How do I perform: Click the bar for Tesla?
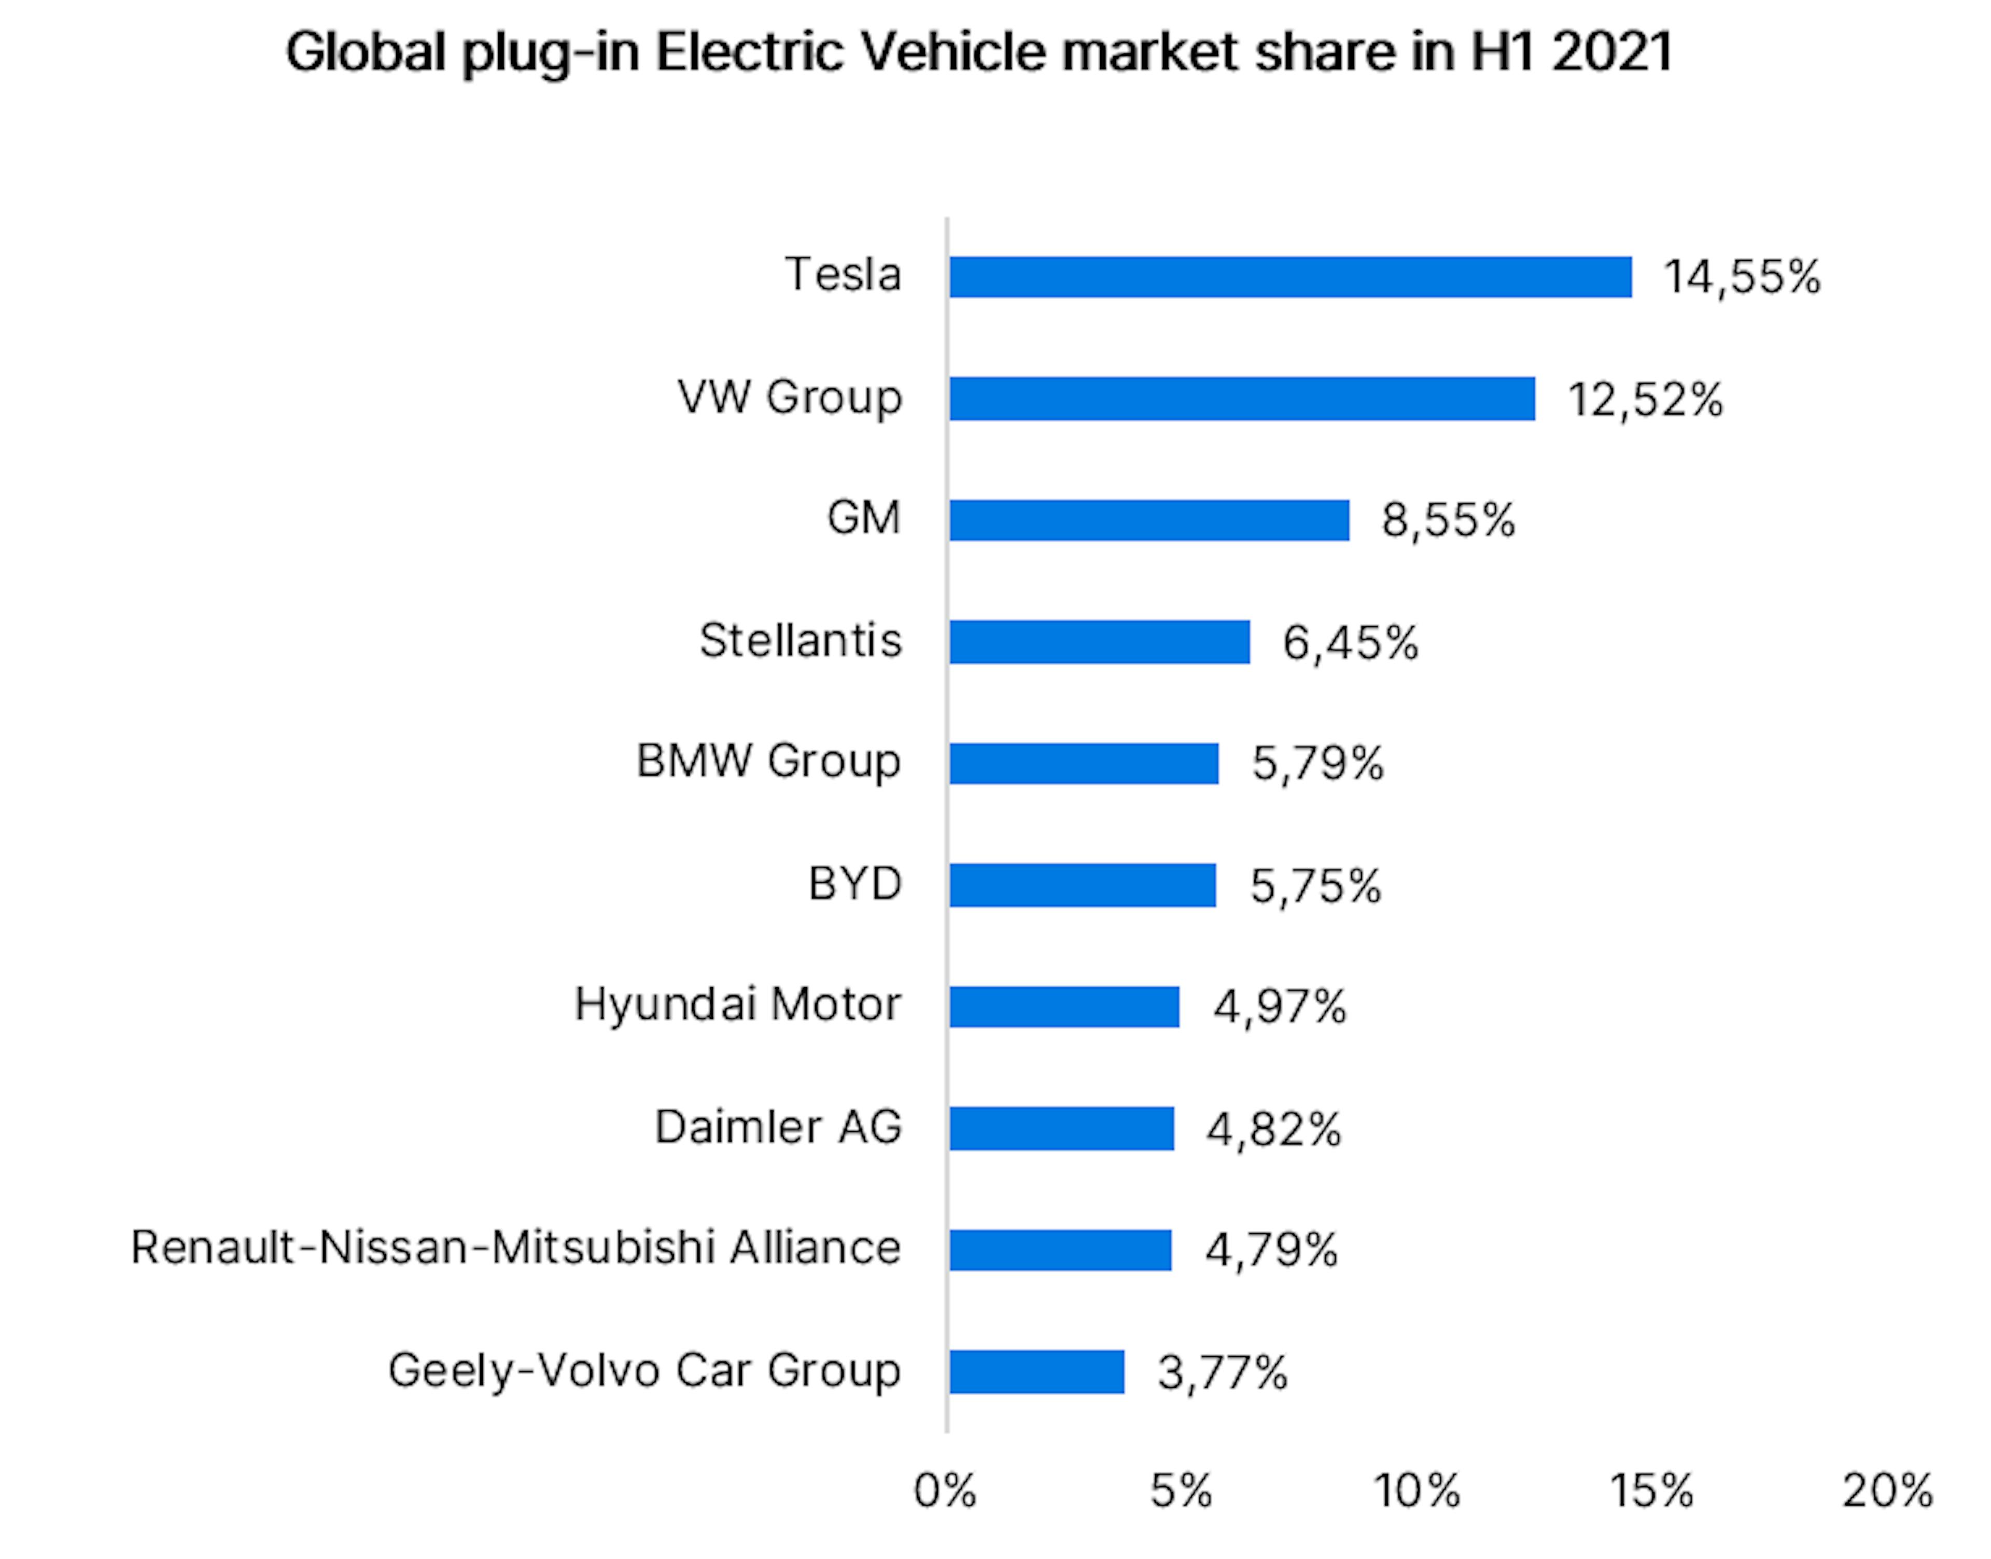(1290, 276)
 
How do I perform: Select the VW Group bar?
(1241, 399)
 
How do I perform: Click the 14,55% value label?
(1741, 276)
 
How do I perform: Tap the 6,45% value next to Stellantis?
(1350, 642)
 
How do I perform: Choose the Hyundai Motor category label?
(738, 1005)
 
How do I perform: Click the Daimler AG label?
(778, 1127)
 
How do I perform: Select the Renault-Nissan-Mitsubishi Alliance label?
(516, 1248)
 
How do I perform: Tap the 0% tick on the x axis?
(945, 1492)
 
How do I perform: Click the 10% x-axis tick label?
(1417, 1492)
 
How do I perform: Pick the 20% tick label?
(1887, 1492)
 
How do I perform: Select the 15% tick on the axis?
(1651, 1492)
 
